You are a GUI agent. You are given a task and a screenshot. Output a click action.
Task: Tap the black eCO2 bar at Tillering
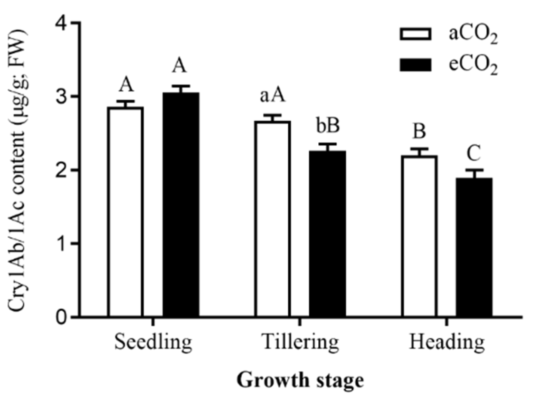327,234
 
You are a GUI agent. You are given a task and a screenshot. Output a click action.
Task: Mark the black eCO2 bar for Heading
474,247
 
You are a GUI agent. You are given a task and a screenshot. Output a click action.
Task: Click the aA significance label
272,96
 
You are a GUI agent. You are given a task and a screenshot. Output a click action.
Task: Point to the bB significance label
328,126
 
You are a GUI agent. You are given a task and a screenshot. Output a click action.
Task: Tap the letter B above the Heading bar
419,131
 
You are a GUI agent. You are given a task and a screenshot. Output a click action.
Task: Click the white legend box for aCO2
415,34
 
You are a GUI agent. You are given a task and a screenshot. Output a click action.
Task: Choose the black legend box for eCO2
415,65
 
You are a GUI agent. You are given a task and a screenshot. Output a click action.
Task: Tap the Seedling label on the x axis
153,342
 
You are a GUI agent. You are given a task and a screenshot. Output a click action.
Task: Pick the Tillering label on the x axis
300,342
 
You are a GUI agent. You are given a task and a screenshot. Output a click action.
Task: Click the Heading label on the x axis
447,342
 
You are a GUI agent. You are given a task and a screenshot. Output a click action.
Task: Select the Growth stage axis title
300,380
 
